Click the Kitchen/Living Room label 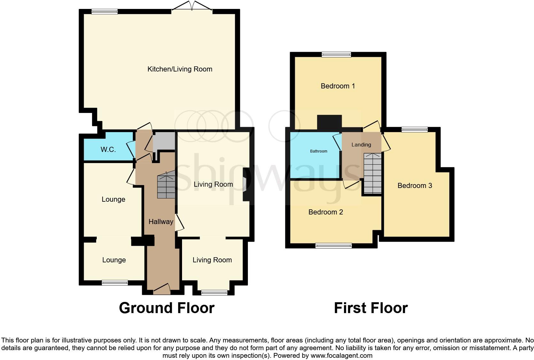[179, 69]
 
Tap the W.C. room [108, 149]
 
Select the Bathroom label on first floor [318, 151]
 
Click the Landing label [361, 145]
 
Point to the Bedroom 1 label [338, 86]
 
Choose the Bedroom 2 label [325, 212]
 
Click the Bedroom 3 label [415, 186]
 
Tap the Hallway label [161, 222]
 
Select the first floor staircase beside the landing [373, 174]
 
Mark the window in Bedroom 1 [336, 55]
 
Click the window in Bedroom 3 [414, 129]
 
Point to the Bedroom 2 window [333, 245]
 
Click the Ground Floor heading [166, 308]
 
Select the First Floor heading [370, 308]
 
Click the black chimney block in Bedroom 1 [329, 123]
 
